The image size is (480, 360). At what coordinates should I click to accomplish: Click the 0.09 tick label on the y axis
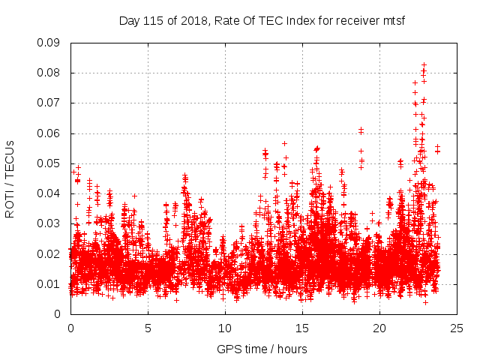click(x=52, y=43)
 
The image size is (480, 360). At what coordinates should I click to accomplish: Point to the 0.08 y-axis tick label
click(x=52, y=73)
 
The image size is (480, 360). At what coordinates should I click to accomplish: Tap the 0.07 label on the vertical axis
click(x=52, y=103)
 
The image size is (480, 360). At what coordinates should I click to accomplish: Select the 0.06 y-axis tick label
click(x=52, y=133)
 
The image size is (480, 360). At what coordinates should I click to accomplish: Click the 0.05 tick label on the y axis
click(x=52, y=163)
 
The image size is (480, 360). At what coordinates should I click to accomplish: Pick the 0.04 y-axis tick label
click(x=52, y=193)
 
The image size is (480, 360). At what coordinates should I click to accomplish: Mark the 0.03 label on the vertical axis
click(x=52, y=223)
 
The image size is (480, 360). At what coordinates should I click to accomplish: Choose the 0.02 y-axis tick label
click(x=52, y=253)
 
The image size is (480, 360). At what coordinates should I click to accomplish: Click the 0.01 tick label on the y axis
click(x=52, y=283)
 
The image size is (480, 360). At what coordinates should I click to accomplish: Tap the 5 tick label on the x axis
click(x=148, y=328)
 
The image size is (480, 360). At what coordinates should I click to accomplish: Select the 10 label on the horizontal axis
click(x=225, y=328)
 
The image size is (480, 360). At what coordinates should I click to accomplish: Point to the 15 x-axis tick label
click(x=302, y=328)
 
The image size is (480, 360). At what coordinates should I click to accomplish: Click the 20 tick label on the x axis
click(x=379, y=328)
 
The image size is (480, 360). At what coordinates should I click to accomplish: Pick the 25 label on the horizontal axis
click(x=457, y=328)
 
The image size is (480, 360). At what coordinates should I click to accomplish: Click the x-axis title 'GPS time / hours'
click(x=262, y=349)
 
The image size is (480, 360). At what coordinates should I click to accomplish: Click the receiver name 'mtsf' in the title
click(x=392, y=20)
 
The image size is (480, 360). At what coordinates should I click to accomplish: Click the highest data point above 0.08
click(x=424, y=65)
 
